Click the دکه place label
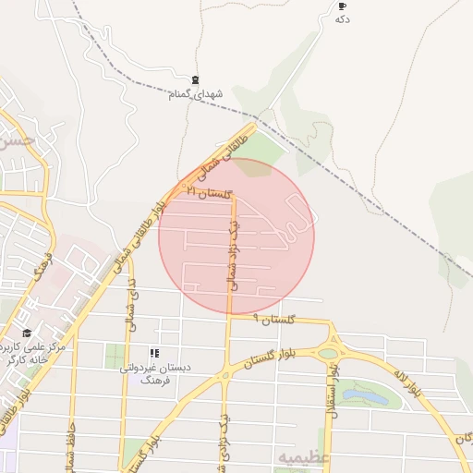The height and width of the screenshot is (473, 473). click(343, 19)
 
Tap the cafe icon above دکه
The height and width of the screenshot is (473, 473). click(343, 6)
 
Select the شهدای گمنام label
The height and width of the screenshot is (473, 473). click(194, 93)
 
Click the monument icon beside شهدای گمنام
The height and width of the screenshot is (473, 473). click(194, 80)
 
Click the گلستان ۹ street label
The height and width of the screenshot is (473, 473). click(276, 319)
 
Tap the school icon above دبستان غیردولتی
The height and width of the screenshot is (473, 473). click(154, 353)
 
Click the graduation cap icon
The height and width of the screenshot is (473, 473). click(27, 333)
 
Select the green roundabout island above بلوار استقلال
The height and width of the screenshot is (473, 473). click(328, 353)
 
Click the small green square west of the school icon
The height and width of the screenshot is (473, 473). click(115, 356)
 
